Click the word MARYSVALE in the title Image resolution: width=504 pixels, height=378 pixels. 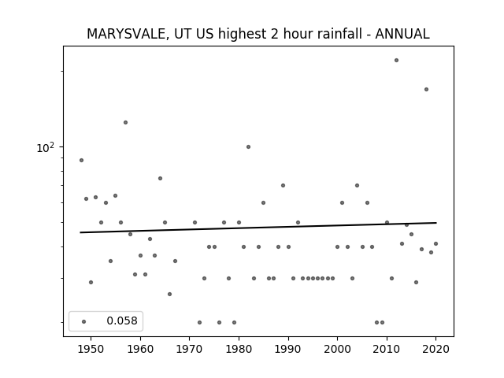coord(126,34)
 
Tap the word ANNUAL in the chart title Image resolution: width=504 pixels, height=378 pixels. coord(402,34)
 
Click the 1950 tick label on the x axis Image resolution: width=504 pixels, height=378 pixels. coord(91,349)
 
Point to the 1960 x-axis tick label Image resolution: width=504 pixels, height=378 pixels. coord(140,349)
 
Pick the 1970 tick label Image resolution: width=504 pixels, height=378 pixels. coord(190,349)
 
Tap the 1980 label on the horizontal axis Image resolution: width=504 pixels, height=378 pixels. coord(239,349)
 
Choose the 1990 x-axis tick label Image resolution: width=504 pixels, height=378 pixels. coord(288,349)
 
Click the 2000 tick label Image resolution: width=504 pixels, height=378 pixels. coord(338,349)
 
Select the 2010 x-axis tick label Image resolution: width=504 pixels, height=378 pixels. coord(387,349)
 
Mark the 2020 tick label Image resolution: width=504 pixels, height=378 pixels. coord(436,349)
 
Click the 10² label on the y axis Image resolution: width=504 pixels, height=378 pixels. coord(45,147)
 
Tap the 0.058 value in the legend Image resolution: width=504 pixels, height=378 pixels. coord(122,321)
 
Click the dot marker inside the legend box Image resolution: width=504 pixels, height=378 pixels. coord(84,321)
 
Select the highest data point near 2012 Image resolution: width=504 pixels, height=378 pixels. coord(396,60)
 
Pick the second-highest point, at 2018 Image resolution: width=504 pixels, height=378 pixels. coord(426,89)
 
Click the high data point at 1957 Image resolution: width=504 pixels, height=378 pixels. coord(125,123)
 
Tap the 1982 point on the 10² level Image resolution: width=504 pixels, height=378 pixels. coord(249,147)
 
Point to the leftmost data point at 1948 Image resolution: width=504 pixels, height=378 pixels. coord(81,160)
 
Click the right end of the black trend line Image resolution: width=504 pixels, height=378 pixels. coord(436,222)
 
